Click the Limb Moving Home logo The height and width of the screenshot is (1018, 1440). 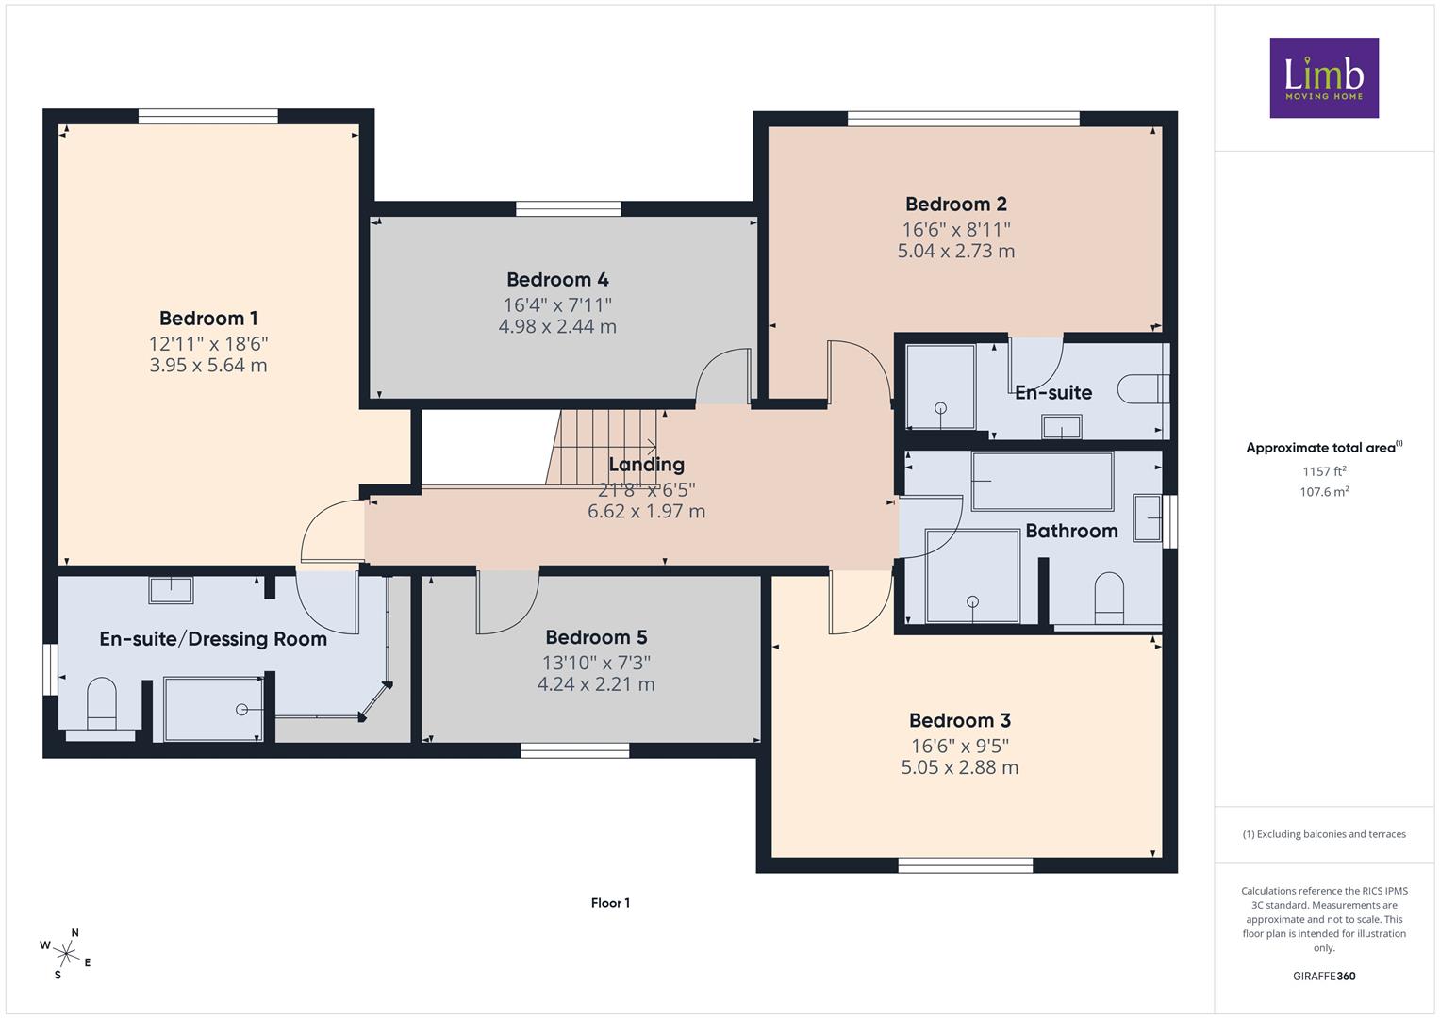[x=1324, y=77]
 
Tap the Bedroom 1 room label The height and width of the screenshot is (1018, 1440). [x=208, y=319]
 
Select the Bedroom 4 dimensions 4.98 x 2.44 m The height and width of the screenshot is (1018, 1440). [x=557, y=326]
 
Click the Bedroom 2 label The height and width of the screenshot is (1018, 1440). [x=956, y=204]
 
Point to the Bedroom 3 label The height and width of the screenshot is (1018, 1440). [x=960, y=720]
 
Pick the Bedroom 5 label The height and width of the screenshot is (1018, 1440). [x=596, y=637]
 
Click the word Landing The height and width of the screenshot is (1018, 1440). [x=647, y=465]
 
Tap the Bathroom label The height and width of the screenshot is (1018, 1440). [x=1071, y=531]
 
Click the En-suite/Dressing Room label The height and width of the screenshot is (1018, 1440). [x=213, y=639]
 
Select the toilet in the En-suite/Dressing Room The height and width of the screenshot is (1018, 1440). [x=102, y=704]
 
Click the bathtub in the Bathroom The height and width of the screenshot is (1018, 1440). [x=1042, y=481]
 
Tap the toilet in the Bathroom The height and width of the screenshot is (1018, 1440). [x=1109, y=599]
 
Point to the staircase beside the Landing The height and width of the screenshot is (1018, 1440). [x=602, y=448]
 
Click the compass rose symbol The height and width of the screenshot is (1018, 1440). [x=66, y=954]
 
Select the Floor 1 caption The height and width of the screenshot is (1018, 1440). [x=610, y=903]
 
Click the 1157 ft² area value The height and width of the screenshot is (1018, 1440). [x=1324, y=471]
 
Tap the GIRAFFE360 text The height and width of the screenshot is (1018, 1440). [x=1324, y=977]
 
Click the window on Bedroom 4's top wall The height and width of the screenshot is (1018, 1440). [x=569, y=208]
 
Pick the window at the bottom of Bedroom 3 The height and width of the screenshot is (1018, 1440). [x=965, y=865]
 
